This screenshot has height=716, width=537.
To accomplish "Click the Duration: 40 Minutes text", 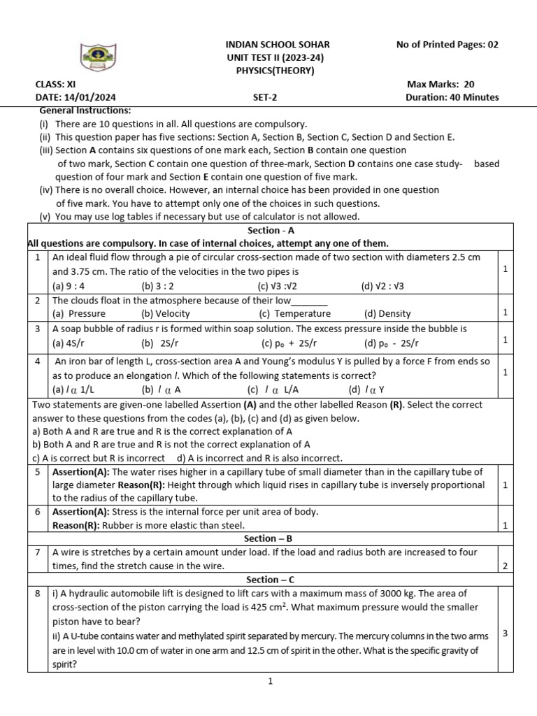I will click(452, 97).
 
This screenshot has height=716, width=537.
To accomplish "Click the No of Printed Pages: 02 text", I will click(447, 44).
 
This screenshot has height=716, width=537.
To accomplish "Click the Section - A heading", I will click(269, 230).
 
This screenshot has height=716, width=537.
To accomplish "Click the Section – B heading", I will click(269, 538).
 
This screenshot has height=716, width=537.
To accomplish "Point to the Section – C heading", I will click(269, 580).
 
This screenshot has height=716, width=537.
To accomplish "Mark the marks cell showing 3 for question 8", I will click(505, 633).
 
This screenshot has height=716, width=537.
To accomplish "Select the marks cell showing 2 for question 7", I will click(505, 566).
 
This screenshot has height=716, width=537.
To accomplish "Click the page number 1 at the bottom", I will click(270, 682).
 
